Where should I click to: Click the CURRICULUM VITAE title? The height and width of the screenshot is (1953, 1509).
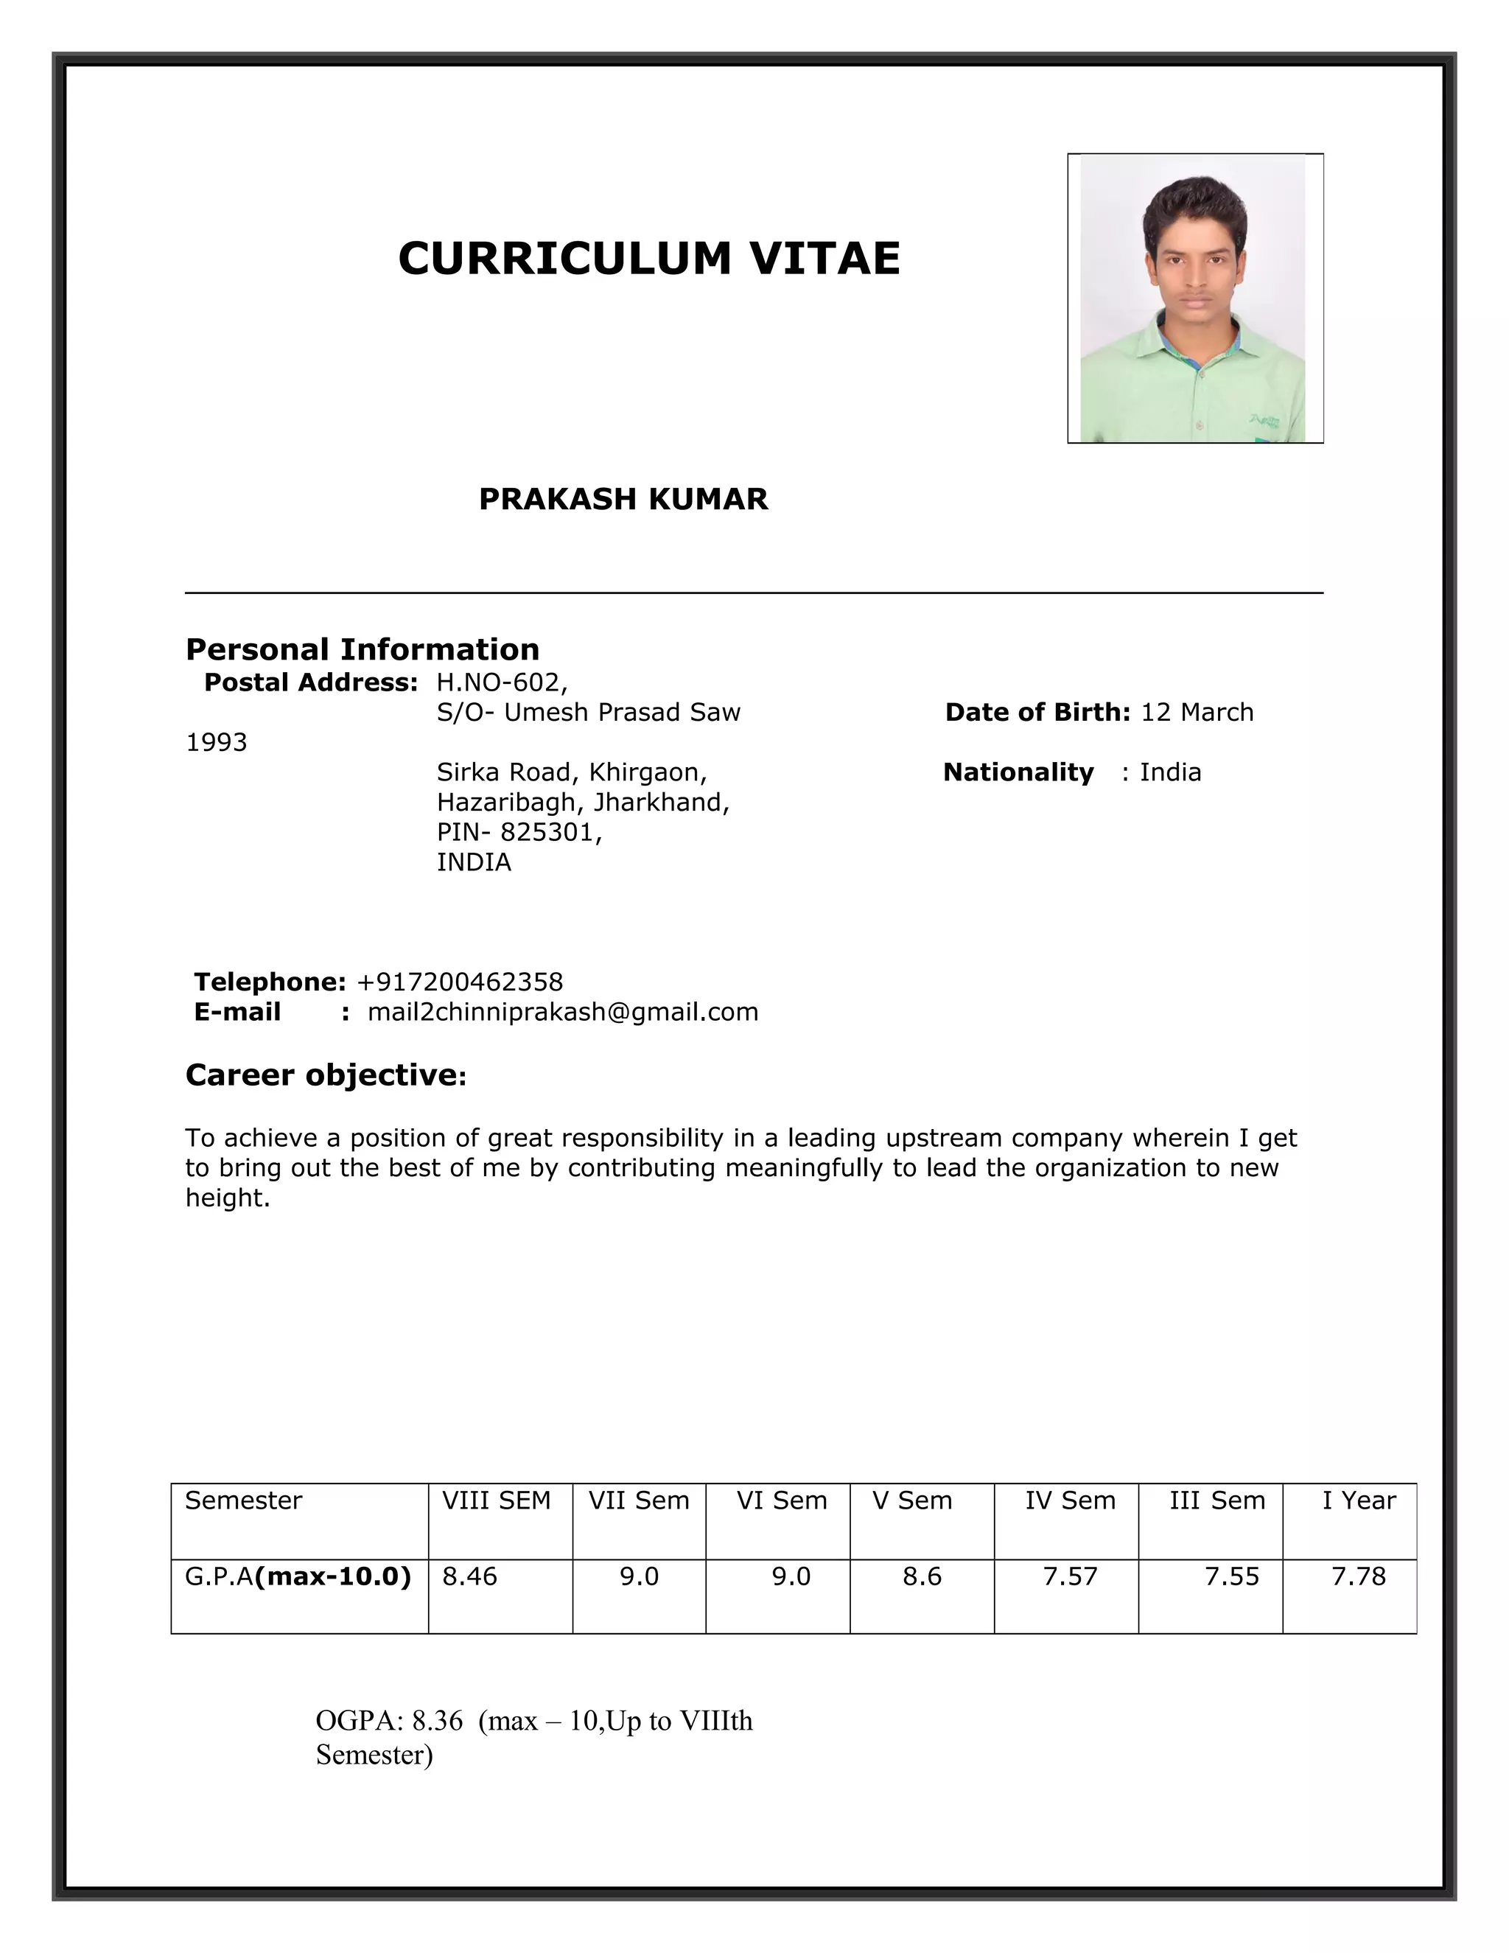(649, 259)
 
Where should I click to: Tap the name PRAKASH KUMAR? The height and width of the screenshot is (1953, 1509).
(623, 499)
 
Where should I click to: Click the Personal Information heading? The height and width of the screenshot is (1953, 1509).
(362, 649)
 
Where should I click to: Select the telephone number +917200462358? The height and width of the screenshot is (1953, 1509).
(460, 982)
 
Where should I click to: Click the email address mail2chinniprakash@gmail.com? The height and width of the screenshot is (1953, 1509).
(562, 1013)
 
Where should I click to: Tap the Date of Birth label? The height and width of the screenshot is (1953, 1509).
(1037, 713)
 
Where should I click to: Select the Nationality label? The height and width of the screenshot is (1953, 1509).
(1018, 772)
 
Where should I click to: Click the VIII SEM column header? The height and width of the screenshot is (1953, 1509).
(496, 1500)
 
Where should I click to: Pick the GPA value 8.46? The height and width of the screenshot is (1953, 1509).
(469, 1576)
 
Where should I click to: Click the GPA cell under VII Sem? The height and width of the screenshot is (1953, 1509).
(639, 1576)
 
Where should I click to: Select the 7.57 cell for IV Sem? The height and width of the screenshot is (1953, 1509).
(1069, 1576)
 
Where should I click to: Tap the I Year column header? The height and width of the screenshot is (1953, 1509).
(1358, 1500)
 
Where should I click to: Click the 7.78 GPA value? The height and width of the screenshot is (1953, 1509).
(1358, 1576)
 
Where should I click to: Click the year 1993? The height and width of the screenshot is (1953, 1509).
(217, 743)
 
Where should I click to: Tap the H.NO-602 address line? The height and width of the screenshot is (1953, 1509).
(502, 683)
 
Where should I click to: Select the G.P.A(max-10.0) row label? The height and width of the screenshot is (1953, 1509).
(298, 1576)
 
